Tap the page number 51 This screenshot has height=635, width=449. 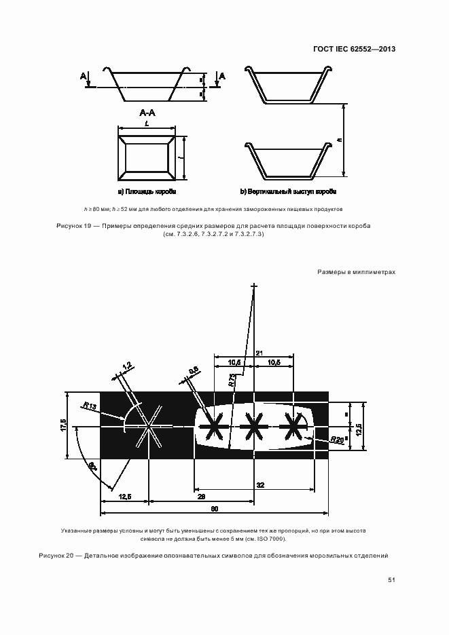click(x=391, y=579)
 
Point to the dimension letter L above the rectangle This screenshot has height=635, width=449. click(x=146, y=123)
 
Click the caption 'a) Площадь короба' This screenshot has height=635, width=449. click(x=147, y=192)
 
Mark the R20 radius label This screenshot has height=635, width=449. click(x=337, y=440)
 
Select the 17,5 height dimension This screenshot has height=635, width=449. click(x=62, y=425)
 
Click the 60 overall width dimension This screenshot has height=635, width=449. click(x=215, y=508)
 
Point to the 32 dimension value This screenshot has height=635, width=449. click(x=260, y=484)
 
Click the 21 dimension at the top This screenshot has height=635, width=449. click(x=259, y=352)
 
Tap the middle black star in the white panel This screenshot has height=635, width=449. click(x=253, y=427)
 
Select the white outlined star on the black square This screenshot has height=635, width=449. click(x=148, y=427)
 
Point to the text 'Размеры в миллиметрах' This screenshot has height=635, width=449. click(x=356, y=272)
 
